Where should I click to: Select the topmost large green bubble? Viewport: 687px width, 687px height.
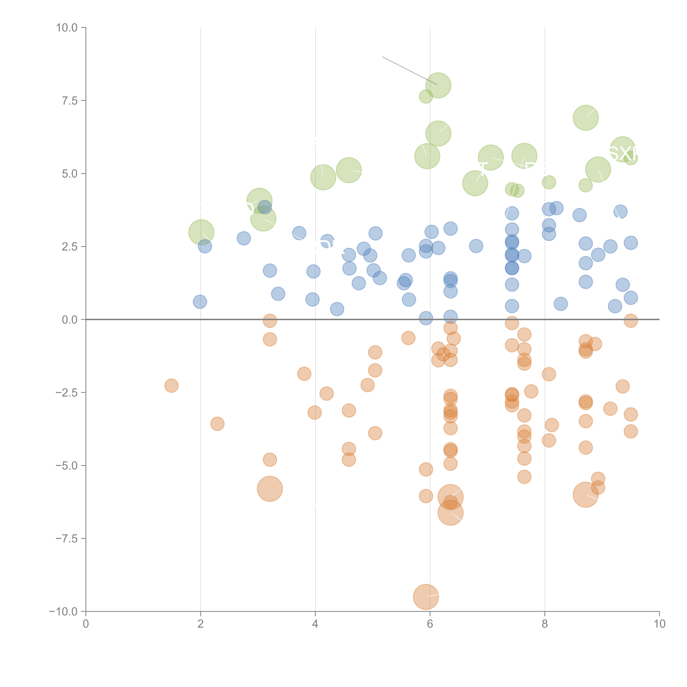[438, 85]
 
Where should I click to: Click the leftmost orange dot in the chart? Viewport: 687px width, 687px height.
[171, 385]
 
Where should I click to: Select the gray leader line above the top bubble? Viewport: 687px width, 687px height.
[409, 70]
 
